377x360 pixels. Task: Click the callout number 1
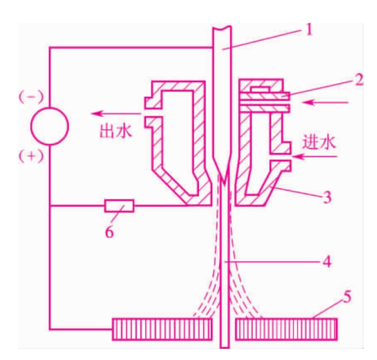(x=309, y=30)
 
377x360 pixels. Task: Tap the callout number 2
(x=358, y=79)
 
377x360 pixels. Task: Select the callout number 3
(x=327, y=197)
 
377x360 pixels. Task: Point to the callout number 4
(x=327, y=262)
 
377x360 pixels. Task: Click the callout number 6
(x=109, y=232)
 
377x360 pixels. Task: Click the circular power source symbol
(x=50, y=126)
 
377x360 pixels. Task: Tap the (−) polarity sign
(x=31, y=97)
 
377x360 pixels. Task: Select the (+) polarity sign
(x=31, y=157)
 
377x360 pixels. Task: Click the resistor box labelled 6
(x=120, y=206)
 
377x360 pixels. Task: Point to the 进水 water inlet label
(x=318, y=143)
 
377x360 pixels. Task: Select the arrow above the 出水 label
(x=115, y=113)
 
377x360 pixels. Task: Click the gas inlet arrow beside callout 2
(x=325, y=102)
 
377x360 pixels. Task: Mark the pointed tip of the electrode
(x=225, y=184)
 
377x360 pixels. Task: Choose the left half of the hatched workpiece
(x=163, y=329)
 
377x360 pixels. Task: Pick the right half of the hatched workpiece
(x=286, y=329)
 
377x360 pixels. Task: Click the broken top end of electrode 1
(x=222, y=27)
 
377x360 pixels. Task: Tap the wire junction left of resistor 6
(x=50, y=206)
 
